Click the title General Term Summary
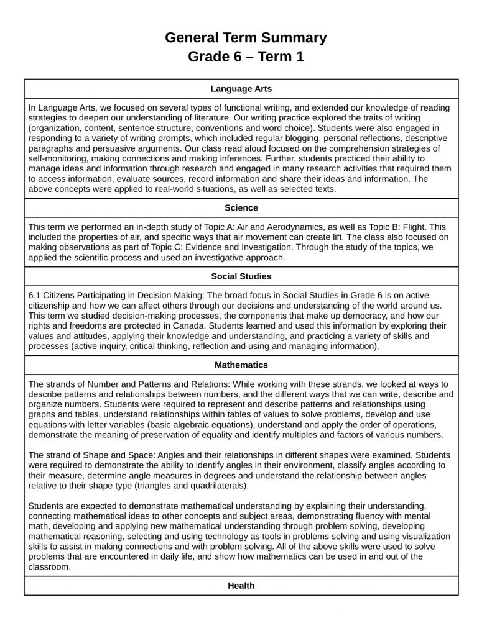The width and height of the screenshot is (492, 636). point(246,38)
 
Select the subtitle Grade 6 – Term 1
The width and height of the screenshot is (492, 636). point(246,57)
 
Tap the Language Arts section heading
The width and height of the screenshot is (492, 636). point(241,89)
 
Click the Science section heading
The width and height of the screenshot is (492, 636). point(241,207)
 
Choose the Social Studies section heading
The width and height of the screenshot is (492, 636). point(241,276)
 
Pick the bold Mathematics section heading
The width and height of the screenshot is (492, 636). point(241,365)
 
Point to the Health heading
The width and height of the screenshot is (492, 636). point(241,585)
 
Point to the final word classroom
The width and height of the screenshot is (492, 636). point(50,566)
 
